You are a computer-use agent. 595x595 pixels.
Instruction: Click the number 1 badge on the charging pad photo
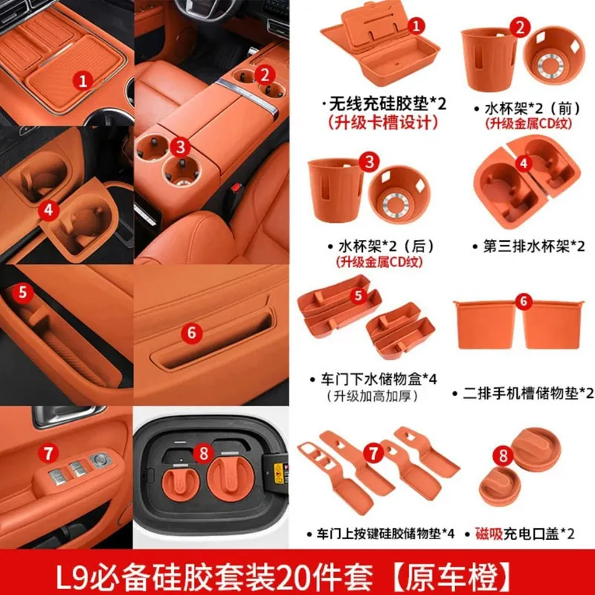tap(83, 81)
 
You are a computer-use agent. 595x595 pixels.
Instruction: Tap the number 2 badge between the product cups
tap(520, 28)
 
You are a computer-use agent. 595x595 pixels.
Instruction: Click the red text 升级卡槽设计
tap(382, 123)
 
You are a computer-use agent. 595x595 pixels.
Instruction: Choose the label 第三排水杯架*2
tap(529, 246)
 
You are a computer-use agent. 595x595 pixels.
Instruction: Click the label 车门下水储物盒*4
tap(374, 379)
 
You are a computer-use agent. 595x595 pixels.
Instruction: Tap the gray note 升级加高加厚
tap(372, 396)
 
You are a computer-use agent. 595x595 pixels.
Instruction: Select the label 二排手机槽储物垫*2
tap(524, 393)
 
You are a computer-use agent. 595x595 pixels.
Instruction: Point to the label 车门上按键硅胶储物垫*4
tap(381, 534)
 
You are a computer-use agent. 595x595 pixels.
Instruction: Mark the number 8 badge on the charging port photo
tap(204, 453)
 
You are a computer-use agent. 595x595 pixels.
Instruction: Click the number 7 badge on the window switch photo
tap(48, 454)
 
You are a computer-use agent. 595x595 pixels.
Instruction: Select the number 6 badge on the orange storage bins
tap(524, 302)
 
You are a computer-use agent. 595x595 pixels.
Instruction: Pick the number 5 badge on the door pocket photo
tap(22, 292)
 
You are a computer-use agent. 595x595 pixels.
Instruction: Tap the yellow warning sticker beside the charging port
tap(278, 473)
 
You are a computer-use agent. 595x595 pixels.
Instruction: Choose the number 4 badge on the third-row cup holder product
tap(524, 164)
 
